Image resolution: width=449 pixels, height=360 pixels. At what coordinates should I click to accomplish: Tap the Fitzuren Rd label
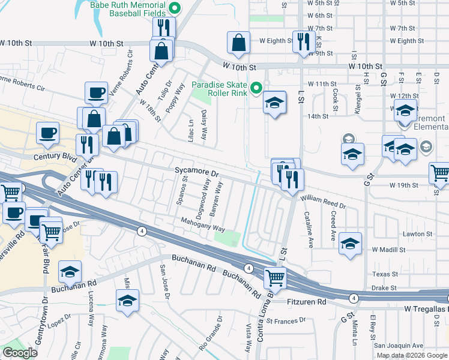pyautogui.click(x=306, y=302)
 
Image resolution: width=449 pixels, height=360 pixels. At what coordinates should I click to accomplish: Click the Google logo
pyautogui.click(x=20, y=353)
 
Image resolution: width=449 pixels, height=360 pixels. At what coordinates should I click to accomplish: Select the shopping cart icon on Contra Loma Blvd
pyautogui.click(x=275, y=277)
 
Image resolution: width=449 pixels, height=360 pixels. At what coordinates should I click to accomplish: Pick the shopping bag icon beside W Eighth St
pyautogui.click(x=239, y=43)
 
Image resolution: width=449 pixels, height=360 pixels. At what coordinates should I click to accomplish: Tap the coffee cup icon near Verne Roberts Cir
pyautogui.click(x=96, y=93)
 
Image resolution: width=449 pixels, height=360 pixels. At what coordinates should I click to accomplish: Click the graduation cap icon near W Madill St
pyautogui.click(x=350, y=244)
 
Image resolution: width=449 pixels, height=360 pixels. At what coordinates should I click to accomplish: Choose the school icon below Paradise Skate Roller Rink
pyautogui.click(x=274, y=103)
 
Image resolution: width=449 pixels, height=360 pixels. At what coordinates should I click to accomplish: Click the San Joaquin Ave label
pyautogui.click(x=399, y=346)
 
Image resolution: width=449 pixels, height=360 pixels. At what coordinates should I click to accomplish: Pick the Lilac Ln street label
pyautogui.click(x=192, y=128)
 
